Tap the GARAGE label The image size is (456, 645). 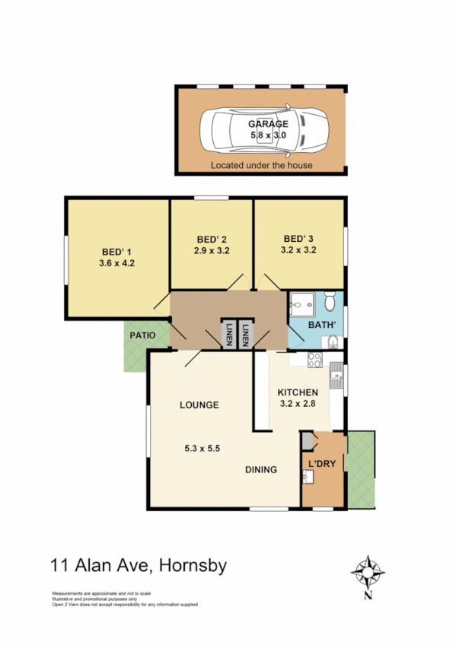pos(269,124)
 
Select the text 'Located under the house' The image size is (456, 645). pos(262,165)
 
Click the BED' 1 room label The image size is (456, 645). pos(116,253)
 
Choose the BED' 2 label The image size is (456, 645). pos(212,237)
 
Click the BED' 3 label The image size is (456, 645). pos(298,237)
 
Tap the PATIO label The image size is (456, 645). pos(142,335)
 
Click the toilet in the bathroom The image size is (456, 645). pos(330,303)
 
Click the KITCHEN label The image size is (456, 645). pos(298,392)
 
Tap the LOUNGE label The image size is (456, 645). pos(199,405)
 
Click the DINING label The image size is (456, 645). pos(260,469)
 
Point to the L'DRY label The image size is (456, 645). pos(321,463)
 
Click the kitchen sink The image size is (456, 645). pos(336,373)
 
